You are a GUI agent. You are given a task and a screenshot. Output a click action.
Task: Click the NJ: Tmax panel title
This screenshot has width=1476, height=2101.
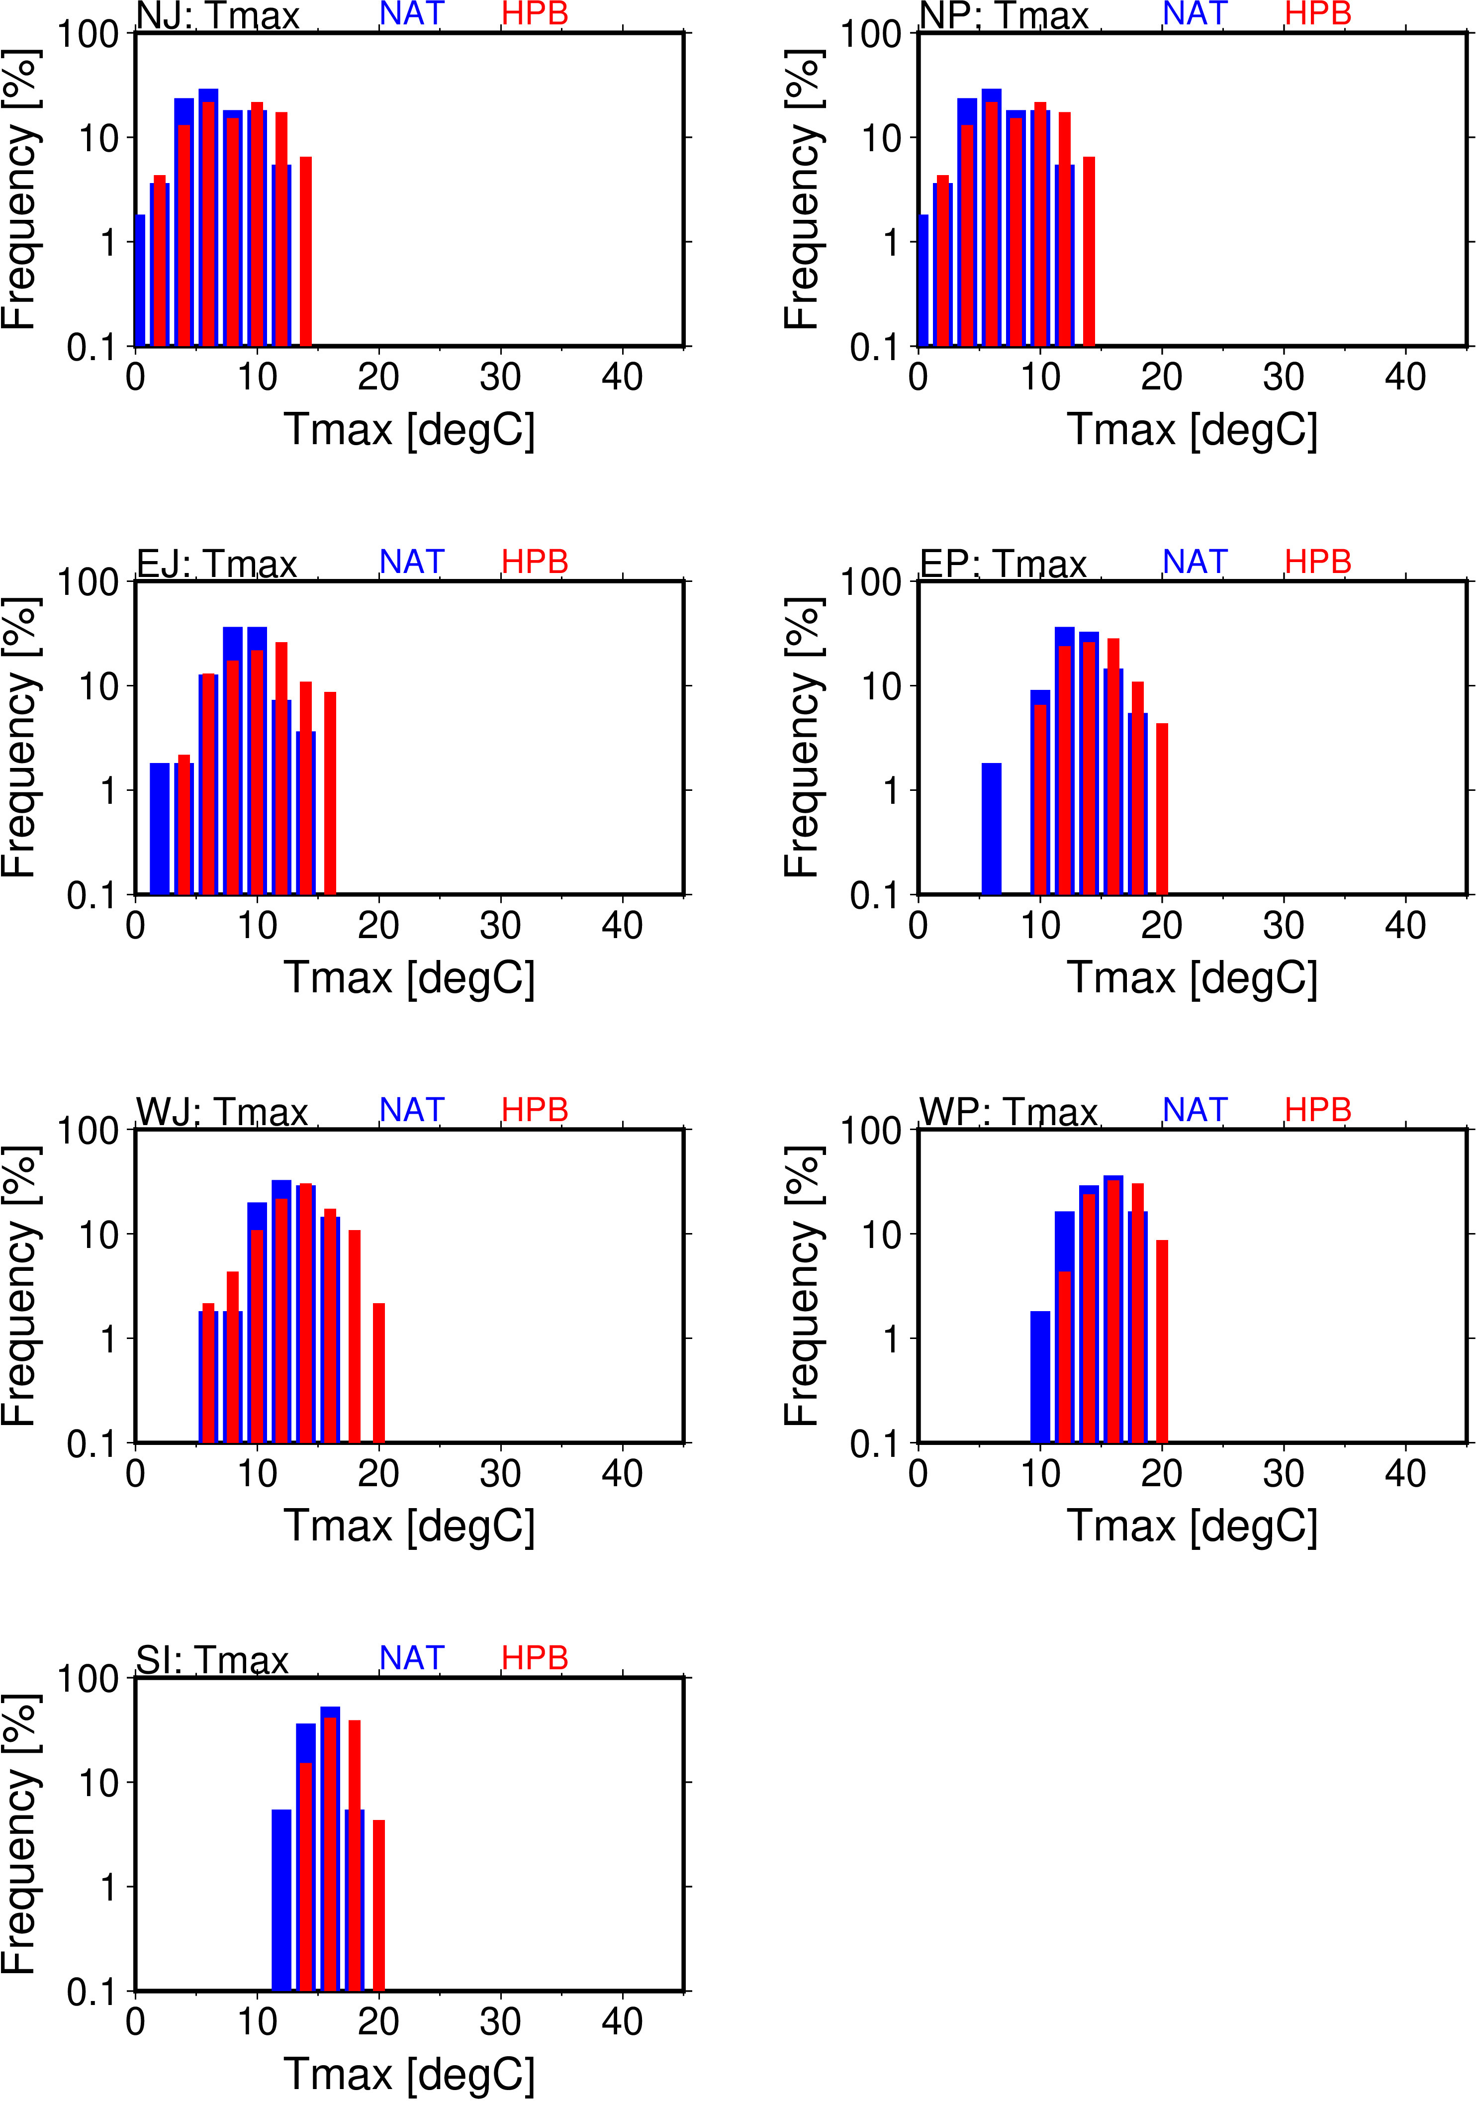[218, 15]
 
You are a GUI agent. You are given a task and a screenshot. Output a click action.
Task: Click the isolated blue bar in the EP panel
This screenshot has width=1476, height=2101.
[991, 828]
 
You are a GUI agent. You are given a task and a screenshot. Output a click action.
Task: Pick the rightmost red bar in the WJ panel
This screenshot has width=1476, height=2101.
[379, 1373]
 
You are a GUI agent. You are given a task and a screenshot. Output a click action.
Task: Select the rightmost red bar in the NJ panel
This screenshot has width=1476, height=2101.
[306, 252]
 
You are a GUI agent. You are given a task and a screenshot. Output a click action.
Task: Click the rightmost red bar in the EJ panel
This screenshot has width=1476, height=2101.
[330, 792]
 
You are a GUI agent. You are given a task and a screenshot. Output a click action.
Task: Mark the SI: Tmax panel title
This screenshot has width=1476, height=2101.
[212, 1659]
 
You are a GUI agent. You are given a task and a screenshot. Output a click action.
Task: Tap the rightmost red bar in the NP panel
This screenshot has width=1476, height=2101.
[1089, 252]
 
